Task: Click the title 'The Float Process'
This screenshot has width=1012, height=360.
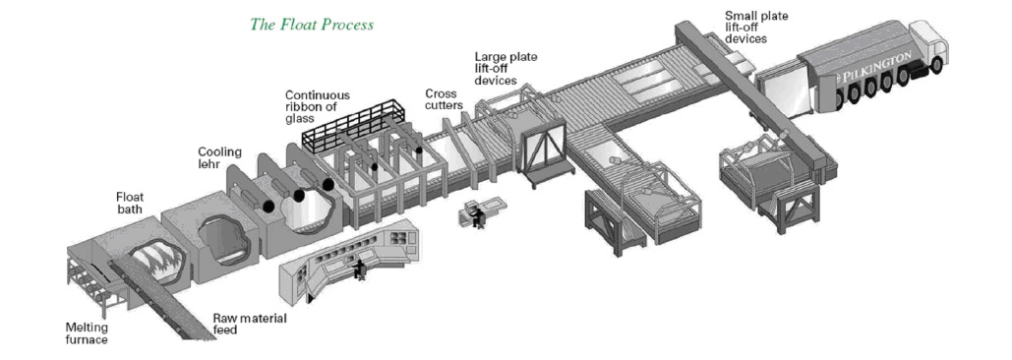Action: click(312, 26)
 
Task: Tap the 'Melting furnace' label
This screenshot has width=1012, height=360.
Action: click(87, 332)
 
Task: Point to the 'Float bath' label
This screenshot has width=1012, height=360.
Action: click(130, 203)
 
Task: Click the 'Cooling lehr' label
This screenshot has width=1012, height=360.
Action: click(219, 158)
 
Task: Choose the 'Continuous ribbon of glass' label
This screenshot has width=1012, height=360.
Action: click(318, 106)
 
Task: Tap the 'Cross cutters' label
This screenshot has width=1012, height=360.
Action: click(445, 99)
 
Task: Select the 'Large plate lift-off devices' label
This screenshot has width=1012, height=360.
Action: click(506, 69)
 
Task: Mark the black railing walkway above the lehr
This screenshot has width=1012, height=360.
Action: click(354, 127)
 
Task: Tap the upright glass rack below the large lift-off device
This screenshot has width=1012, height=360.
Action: click(544, 154)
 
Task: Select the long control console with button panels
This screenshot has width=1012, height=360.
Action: click(348, 259)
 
